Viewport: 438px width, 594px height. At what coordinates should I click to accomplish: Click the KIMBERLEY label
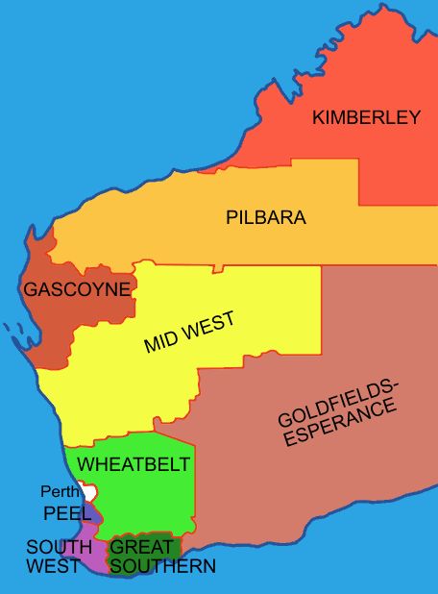point(366,118)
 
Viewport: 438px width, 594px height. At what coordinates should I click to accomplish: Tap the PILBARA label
point(266,217)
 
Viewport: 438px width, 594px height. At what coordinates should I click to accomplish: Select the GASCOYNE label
point(77,288)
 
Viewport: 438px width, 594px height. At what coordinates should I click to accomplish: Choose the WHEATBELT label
point(134,464)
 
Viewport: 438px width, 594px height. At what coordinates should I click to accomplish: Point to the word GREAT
point(142,547)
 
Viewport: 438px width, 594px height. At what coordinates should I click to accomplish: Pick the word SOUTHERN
point(162,566)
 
